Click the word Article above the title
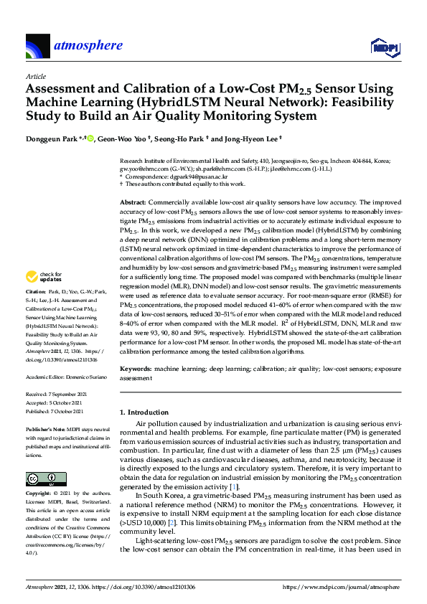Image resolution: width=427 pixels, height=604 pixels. point(36,75)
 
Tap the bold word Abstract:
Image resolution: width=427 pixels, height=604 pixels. point(132,204)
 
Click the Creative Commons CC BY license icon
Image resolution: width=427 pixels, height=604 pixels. point(42,478)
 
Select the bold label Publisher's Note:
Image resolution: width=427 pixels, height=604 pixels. point(44,429)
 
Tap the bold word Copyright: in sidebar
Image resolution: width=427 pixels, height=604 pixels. point(39,494)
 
